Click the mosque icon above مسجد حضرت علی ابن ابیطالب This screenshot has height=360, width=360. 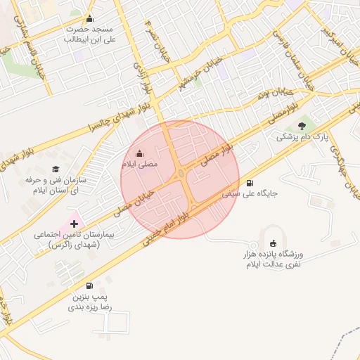pyautogui.click(x=89, y=19)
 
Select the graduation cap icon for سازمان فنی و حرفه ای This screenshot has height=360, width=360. pyautogui.click(x=56, y=169)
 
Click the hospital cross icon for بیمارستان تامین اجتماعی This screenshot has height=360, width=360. pyautogui.click(x=75, y=223)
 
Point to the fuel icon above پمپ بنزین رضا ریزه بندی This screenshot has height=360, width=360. pyautogui.click(x=89, y=285)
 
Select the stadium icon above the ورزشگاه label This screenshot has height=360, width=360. pyautogui.click(x=274, y=243)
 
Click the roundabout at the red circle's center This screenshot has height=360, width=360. pyautogui.click(x=181, y=174)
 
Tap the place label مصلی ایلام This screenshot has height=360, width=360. pyautogui.click(x=141, y=164)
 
